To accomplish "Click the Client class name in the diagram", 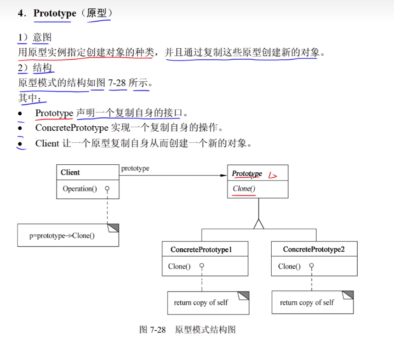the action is [x=70, y=173].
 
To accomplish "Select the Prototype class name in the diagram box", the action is [x=247, y=174].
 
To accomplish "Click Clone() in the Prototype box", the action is [x=244, y=188].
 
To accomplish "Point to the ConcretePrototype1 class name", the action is [x=201, y=249].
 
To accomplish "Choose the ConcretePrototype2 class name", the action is [x=314, y=249].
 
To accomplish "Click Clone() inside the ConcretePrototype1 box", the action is [x=179, y=266].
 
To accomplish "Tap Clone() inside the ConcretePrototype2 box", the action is [x=289, y=266].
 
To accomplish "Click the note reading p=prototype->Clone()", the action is [x=62, y=236].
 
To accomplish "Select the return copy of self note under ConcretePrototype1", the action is [x=201, y=303].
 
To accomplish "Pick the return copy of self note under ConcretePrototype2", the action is [x=307, y=303].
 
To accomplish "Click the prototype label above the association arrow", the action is [x=135, y=169].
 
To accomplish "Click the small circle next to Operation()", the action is [x=107, y=188].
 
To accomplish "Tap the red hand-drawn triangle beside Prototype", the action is [x=274, y=174].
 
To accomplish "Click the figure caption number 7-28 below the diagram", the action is [x=157, y=330].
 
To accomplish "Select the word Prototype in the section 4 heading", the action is [x=55, y=13].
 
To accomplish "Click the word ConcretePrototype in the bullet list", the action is [x=72, y=128].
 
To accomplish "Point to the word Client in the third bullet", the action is [x=47, y=143].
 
